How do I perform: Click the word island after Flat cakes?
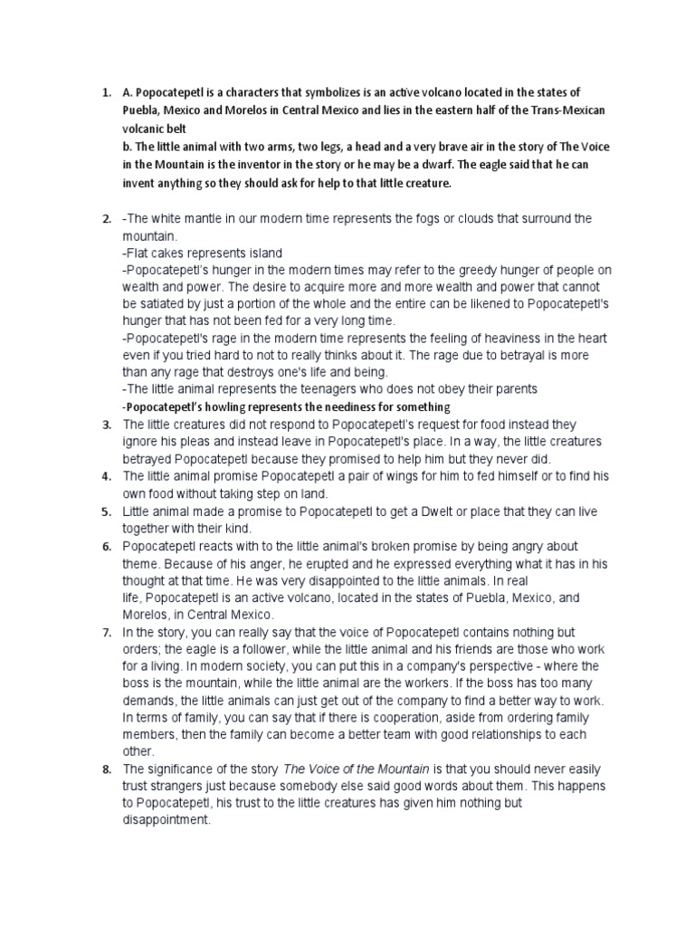point(262,253)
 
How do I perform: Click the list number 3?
point(106,425)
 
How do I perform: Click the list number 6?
point(106,547)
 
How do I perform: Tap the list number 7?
point(106,631)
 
